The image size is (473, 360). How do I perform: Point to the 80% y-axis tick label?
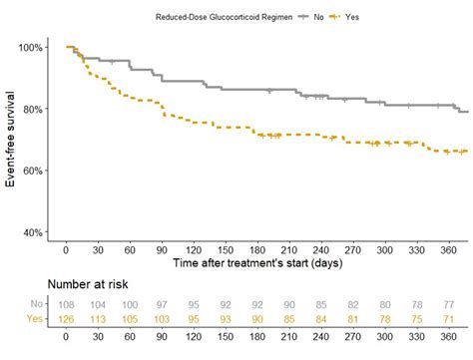coord(32,109)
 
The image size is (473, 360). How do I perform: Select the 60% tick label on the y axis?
coord(32,171)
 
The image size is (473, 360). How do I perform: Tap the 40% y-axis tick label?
coord(32,232)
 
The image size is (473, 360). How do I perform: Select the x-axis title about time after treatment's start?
coord(259,263)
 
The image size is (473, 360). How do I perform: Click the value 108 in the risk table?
coord(66,303)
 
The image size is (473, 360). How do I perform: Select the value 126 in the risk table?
coord(66,319)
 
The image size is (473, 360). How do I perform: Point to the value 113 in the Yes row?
coord(98,319)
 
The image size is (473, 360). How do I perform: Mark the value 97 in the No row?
coord(162,303)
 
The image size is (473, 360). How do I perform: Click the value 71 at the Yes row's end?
coord(448,319)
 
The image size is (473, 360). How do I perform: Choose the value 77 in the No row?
coord(448,303)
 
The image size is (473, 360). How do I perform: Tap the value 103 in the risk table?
coord(162,319)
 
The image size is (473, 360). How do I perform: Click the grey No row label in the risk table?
coord(37,303)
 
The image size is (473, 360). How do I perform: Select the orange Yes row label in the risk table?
coord(36,319)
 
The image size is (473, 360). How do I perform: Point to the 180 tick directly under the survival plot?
coord(257,249)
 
